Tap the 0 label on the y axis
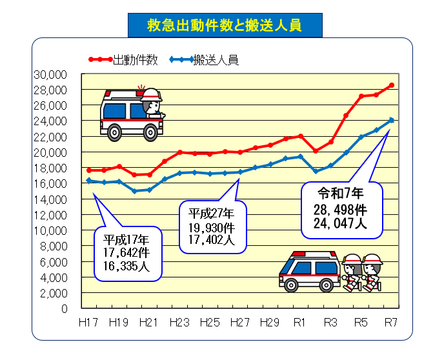tap(64, 308)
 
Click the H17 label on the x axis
tap(88, 322)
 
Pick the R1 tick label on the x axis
tap(299, 322)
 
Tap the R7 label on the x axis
tap(390, 322)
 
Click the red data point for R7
tap(391, 85)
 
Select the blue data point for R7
tap(391, 120)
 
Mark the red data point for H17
tap(89, 170)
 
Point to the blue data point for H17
tap(89, 181)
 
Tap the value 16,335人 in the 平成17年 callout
tap(127, 266)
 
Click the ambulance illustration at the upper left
tap(132, 113)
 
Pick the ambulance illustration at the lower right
tap(310, 271)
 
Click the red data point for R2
tap(316, 151)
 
